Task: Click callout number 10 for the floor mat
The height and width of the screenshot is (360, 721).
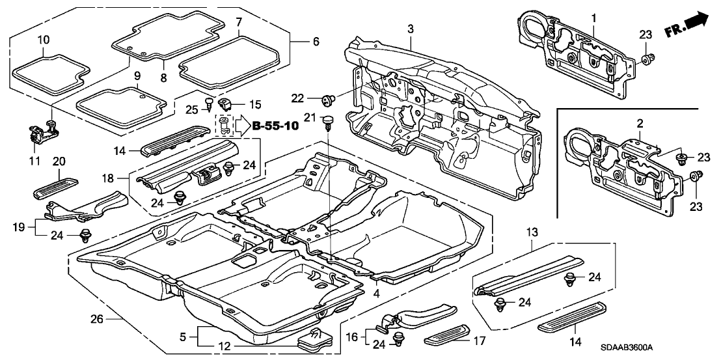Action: coord(42,40)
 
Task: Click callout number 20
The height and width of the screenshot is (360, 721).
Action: coord(59,161)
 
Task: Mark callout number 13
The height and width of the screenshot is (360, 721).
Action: coord(533,232)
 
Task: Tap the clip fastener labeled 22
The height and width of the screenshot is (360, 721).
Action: coord(329,100)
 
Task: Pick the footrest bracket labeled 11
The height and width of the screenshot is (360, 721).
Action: coord(40,133)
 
